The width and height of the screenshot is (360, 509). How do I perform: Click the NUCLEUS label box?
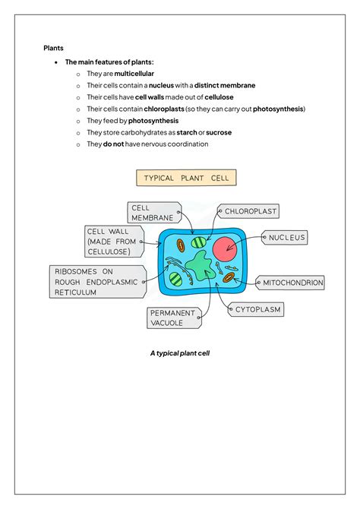tap(286, 238)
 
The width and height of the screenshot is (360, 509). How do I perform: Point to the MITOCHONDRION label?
tap(292, 283)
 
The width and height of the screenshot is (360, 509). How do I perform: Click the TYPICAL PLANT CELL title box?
tap(186, 178)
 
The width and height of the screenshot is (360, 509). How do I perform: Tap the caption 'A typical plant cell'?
tap(180, 353)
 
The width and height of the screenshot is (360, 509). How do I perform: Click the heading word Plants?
tap(53, 48)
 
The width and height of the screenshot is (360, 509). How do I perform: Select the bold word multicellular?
tap(134, 73)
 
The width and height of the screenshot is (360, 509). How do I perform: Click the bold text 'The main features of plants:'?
tap(110, 62)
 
